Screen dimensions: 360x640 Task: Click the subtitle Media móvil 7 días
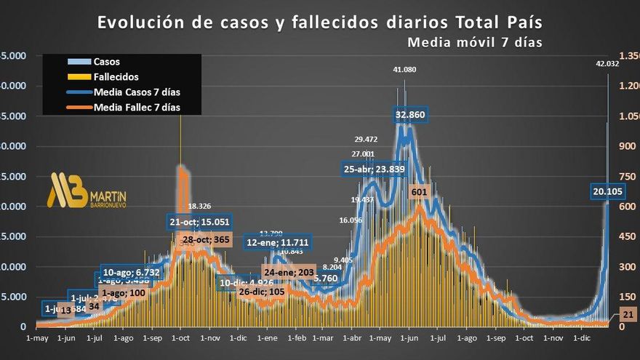(474, 42)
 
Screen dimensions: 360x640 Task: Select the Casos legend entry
(107, 62)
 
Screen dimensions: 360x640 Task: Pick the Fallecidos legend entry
(116, 76)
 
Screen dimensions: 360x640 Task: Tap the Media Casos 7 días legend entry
(137, 92)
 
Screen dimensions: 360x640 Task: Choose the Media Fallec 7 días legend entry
(137, 107)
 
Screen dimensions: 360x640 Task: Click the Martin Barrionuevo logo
(87, 191)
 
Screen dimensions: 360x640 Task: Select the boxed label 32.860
(410, 115)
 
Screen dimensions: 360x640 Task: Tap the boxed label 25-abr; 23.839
(374, 169)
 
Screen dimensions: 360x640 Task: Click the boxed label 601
(419, 191)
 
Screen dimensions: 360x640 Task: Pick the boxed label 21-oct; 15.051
(199, 223)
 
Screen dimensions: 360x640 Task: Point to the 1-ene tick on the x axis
(266, 338)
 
